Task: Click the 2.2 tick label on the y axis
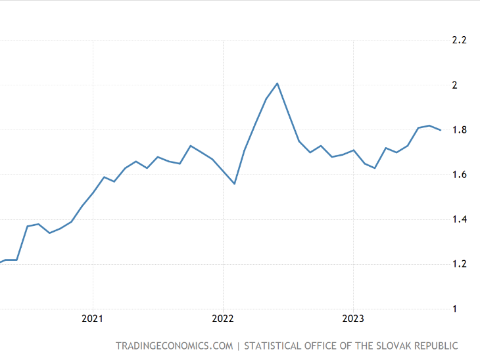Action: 459,41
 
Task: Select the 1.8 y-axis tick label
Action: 459,130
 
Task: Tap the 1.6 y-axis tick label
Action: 459,175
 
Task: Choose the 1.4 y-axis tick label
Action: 459,219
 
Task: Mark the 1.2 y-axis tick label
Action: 459,264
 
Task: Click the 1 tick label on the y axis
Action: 454,309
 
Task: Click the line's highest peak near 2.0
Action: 277,83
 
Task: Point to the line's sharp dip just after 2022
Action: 234,183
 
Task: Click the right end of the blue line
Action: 441,130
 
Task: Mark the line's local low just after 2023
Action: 375,168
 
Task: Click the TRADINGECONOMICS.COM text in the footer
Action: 174,346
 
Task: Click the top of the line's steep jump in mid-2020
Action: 28,227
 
